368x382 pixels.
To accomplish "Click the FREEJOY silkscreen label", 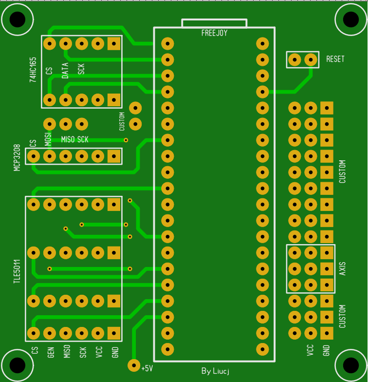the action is point(214,33).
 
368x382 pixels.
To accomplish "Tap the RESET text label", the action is point(335,59).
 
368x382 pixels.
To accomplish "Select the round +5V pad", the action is point(134,365).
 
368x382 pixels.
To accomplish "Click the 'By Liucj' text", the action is point(215,371).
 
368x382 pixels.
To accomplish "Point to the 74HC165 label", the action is point(33,70).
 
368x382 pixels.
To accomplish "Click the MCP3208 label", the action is point(17,158).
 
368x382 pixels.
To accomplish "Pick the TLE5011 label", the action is point(17,271).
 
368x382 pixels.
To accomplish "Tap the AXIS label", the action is point(343,269).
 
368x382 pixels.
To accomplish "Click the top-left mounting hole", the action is point(18,19).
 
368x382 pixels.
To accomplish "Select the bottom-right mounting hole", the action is point(350,365).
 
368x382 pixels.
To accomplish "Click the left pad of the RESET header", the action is point(295,59).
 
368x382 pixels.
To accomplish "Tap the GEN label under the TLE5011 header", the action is point(51,353).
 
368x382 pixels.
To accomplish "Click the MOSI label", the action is point(48,139).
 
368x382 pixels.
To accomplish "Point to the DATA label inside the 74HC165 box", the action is point(65,71).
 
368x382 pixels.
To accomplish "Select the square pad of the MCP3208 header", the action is point(114,156).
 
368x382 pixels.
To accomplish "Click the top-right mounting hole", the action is point(350,19).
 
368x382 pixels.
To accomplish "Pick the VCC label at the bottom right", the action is point(310,350).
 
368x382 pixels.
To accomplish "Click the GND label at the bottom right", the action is point(326,350).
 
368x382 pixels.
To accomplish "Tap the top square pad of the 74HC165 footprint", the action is point(114,44).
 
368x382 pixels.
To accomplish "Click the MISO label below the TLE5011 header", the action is point(67,351).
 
